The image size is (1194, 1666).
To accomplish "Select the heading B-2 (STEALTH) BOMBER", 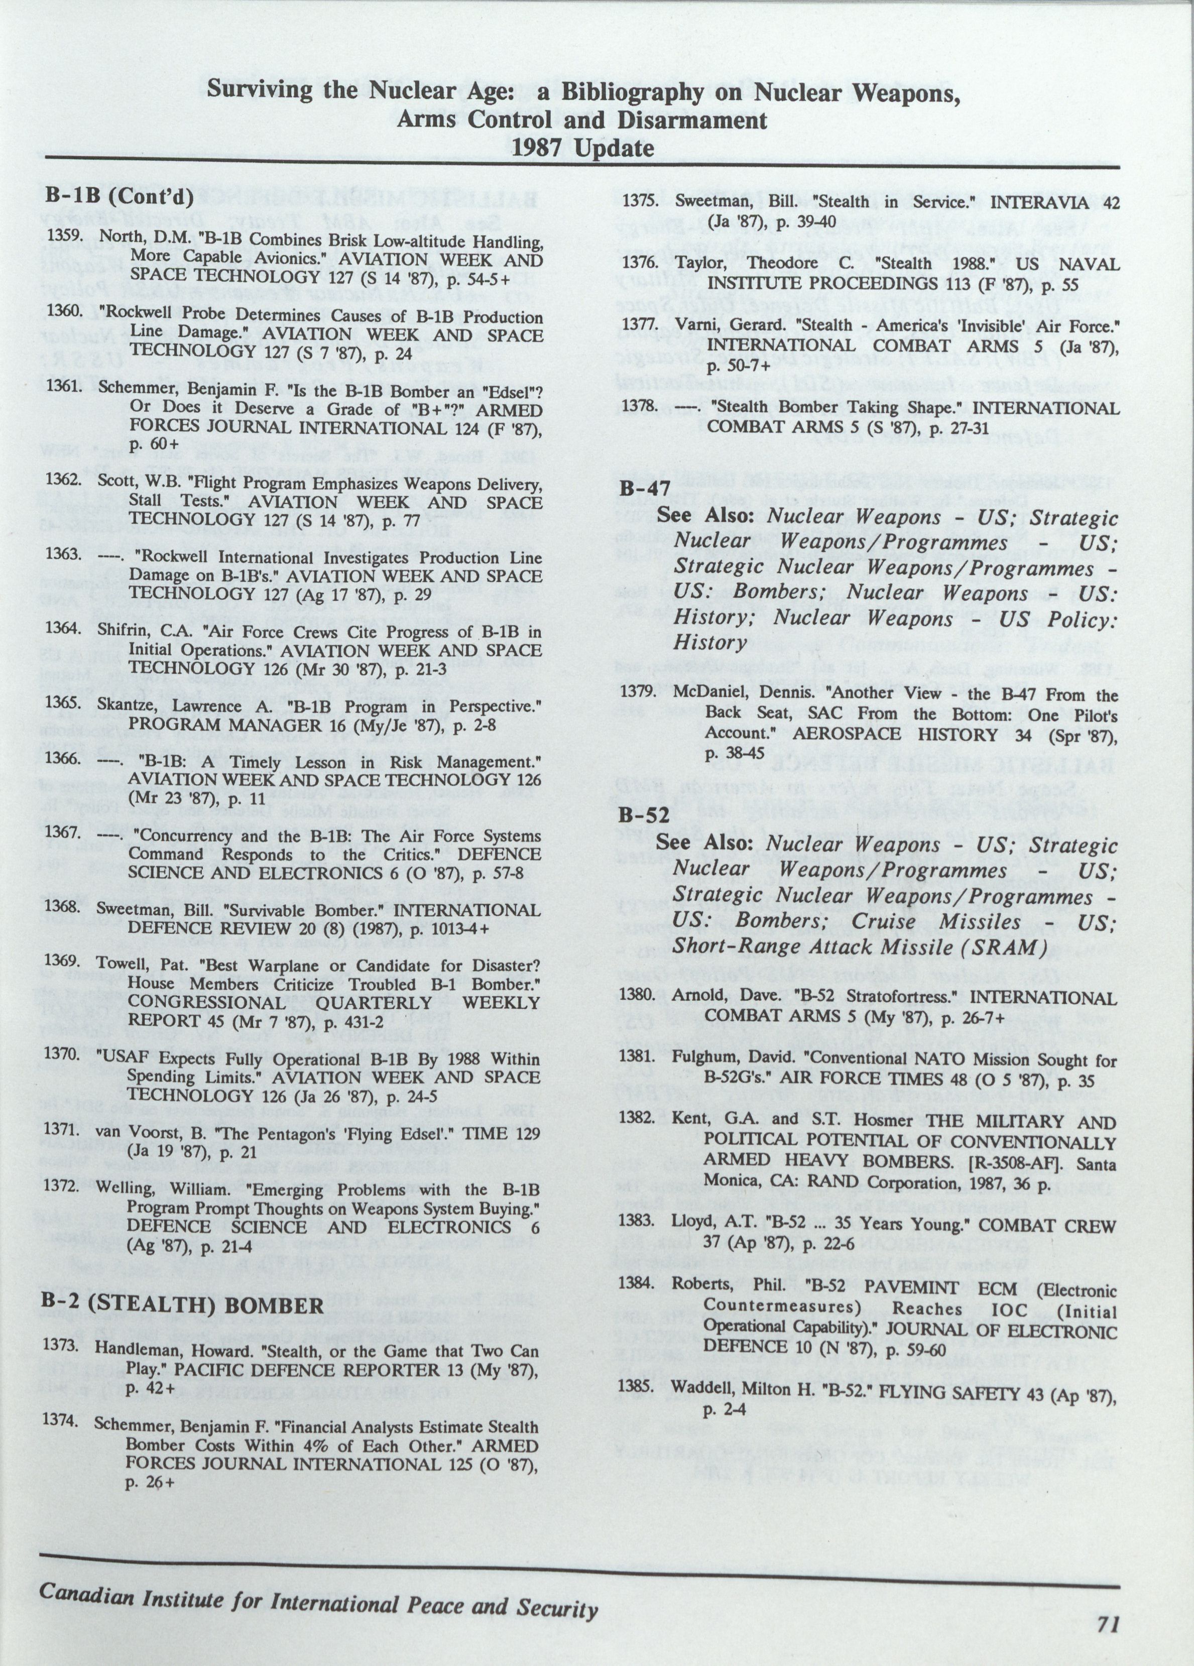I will click(x=183, y=1305).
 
